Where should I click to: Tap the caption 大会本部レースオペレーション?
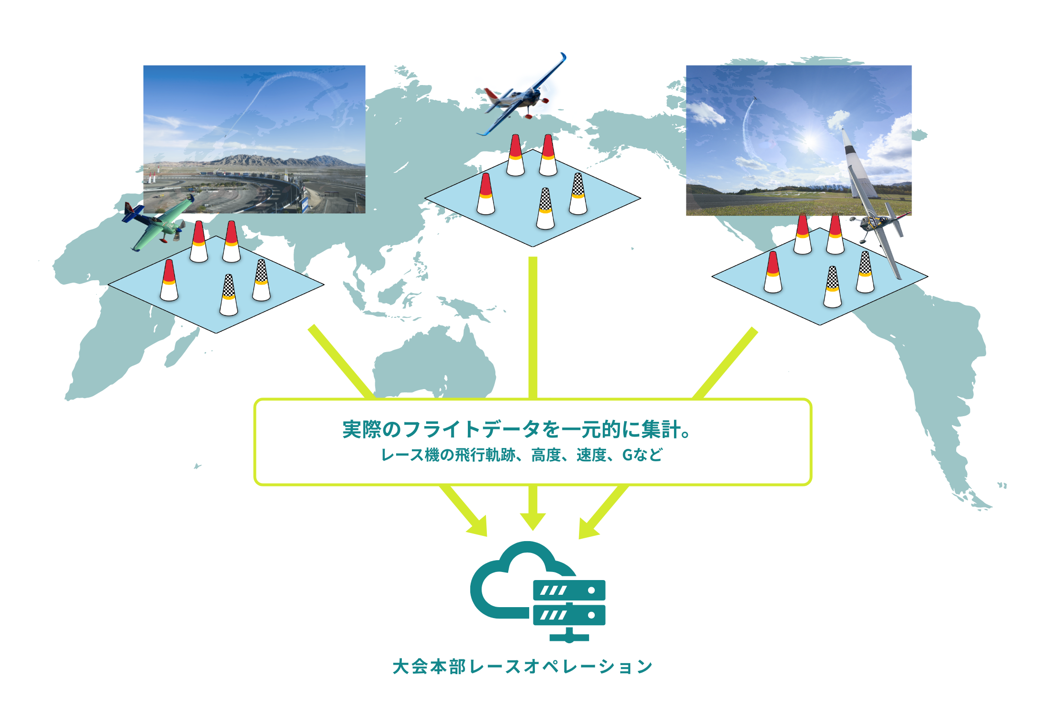[522, 667]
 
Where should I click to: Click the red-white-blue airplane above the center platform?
[522, 97]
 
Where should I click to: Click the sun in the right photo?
[810, 141]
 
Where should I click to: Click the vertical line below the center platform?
[533, 328]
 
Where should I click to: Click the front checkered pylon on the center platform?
[545, 209]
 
